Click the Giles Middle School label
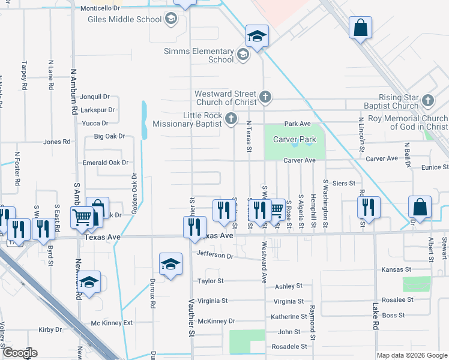coord(124,19)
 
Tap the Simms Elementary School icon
coord(243,55)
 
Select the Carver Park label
coord(294,139)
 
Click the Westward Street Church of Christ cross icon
coord(265,96)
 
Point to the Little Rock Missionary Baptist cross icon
coord(232,118)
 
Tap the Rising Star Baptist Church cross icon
coord(427,101)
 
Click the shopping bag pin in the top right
coord(360,28)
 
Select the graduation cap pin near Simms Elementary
coord(256,36)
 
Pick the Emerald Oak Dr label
coord(106,163)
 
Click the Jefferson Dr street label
coord(215,254)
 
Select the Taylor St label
coord(210,281)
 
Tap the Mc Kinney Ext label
coord(112,323)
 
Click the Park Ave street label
coord(297,124)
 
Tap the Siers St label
coord(343,183)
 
